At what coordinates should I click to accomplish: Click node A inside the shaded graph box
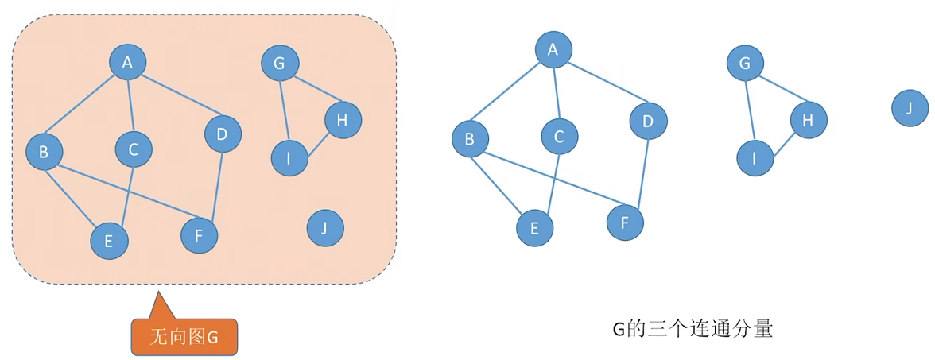click(x=127, y=61)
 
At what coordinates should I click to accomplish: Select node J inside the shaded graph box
click(x=324, y=229)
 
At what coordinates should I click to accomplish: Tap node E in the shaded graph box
click(x=109, y=239)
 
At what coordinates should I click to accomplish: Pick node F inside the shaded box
click(x=199, y=234)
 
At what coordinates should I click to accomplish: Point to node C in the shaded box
click(x=134, y=149)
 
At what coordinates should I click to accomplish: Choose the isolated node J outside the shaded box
click(x=910, y=107)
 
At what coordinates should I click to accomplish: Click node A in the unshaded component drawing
click(x=553, y=51)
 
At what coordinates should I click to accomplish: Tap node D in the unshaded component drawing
click(x=648, y=121)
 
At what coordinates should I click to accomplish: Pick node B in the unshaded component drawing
click(x=470, y=140)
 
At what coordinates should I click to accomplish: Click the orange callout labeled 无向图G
click(x=184, y=336)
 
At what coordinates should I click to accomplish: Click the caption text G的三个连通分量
click(x=692, y=329)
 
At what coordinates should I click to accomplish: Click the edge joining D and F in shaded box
click(x=211, y=185)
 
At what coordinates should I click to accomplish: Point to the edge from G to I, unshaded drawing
click(x=750, y=111)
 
